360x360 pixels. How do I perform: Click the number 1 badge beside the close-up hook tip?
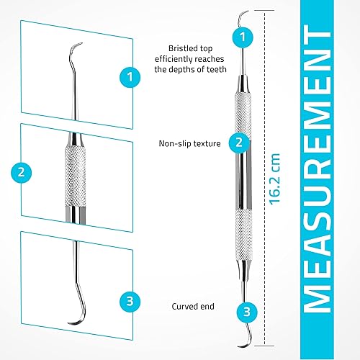pos(129,74)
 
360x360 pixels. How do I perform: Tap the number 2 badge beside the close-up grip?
pos(22,172)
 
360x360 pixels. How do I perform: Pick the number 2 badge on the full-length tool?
pos(238,143)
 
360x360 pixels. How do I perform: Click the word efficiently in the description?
pos(177,59)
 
